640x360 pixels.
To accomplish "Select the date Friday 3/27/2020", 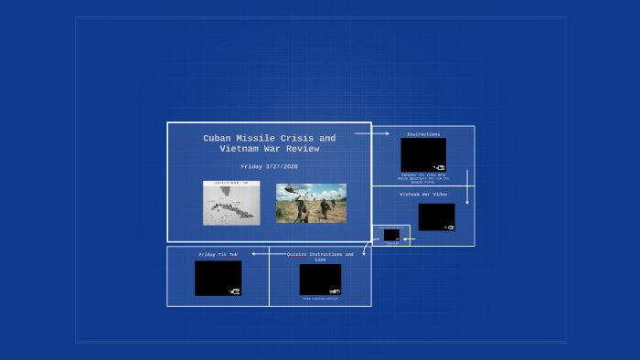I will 269,166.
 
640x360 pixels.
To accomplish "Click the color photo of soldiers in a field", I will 311,203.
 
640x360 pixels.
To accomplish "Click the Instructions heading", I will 423,134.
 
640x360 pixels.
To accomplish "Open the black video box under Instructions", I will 423,154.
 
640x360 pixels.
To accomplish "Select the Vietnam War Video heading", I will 423,194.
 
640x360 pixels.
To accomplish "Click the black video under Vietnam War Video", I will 436,217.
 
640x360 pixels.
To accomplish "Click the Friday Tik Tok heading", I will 218,254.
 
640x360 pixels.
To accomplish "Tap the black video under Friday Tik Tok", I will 218,278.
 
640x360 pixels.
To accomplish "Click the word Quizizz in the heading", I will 297,254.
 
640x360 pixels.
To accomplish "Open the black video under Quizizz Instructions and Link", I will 320,279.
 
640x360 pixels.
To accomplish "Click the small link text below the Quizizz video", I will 320,298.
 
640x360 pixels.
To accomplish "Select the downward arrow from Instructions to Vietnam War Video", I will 467,186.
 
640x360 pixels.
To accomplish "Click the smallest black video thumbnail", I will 391,235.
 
